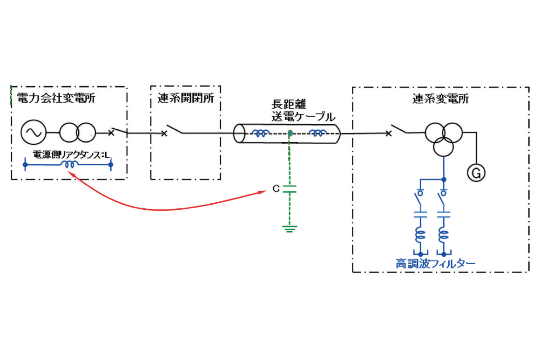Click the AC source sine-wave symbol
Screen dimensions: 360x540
(x=33, y=133)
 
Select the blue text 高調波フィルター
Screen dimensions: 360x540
(x=436, y=264)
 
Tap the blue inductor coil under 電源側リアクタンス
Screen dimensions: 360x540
(x=71, y=165)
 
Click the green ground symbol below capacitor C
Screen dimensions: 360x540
(x=290, y=228)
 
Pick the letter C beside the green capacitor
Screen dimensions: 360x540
(x=275, y=189)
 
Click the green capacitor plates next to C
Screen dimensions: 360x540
(x=290, y=189)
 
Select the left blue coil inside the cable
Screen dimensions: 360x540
(x=261, y=133)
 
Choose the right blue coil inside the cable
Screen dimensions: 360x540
(x=318, y=133)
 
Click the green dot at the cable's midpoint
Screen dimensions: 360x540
(x=290, y=133)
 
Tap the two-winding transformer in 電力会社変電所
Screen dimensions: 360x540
(x=78, y=133)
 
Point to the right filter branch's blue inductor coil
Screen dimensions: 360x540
(x=444, y=235)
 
